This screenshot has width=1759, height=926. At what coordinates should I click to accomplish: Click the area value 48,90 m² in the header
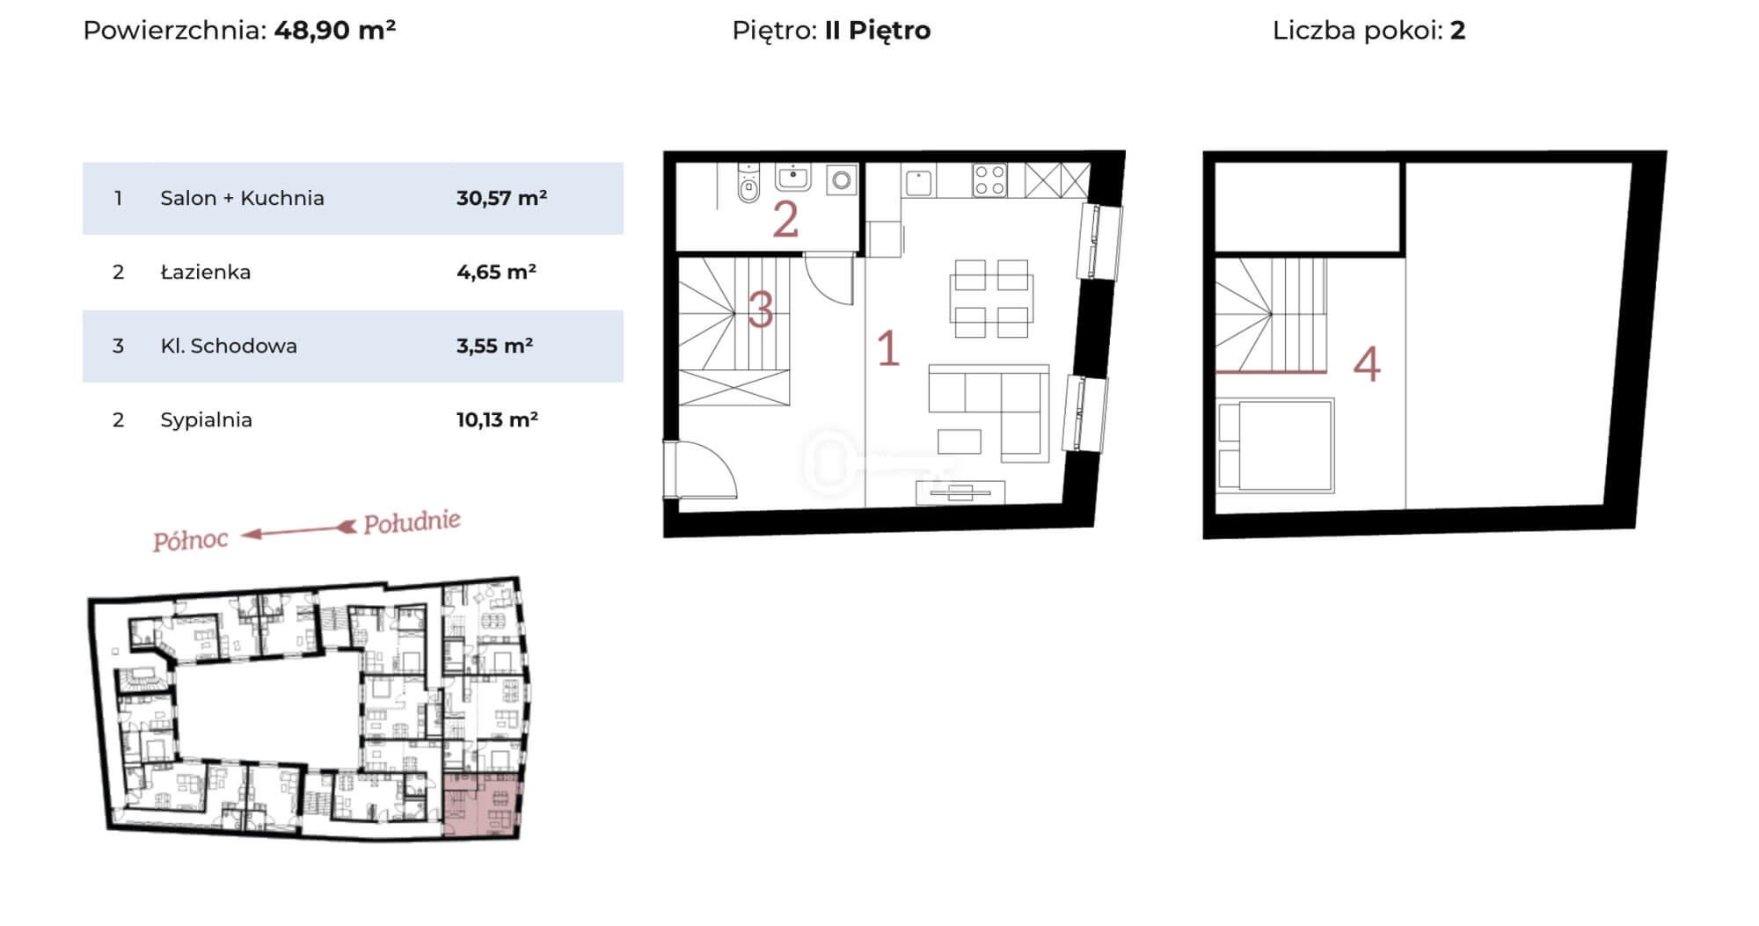click(335, 30)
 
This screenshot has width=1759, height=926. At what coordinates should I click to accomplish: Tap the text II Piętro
click(878, 31)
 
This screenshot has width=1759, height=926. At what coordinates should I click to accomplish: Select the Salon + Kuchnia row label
click(242, 198)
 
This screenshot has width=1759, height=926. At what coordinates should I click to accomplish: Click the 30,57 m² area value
click(501, 198)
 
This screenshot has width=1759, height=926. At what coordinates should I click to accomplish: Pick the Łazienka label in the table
click(205, 272)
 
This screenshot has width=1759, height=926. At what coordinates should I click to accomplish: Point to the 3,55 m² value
click(494, 346)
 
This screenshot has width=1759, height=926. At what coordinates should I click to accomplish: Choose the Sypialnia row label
click(206, 420)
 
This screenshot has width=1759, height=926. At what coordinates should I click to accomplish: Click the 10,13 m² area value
click(497, 419)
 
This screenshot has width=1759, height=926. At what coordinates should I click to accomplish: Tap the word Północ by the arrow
click(190, 540)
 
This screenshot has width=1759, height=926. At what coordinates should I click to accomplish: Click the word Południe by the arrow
click(412, 522)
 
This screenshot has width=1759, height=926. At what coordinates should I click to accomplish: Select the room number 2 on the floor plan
click(785, 220)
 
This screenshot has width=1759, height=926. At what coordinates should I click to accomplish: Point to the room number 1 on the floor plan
click(888, 348)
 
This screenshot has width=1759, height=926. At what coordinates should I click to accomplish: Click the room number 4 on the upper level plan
click(1367, 364)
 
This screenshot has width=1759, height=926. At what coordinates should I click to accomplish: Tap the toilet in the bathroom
click(748, 183)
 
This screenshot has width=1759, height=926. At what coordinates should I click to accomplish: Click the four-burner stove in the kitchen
click(989, 180)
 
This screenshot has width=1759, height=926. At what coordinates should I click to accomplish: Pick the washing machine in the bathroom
click(842, 180)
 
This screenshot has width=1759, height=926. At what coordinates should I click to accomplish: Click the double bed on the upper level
click(1274, 445)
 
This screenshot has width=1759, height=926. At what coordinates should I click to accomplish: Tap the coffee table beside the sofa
click(959, 441)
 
